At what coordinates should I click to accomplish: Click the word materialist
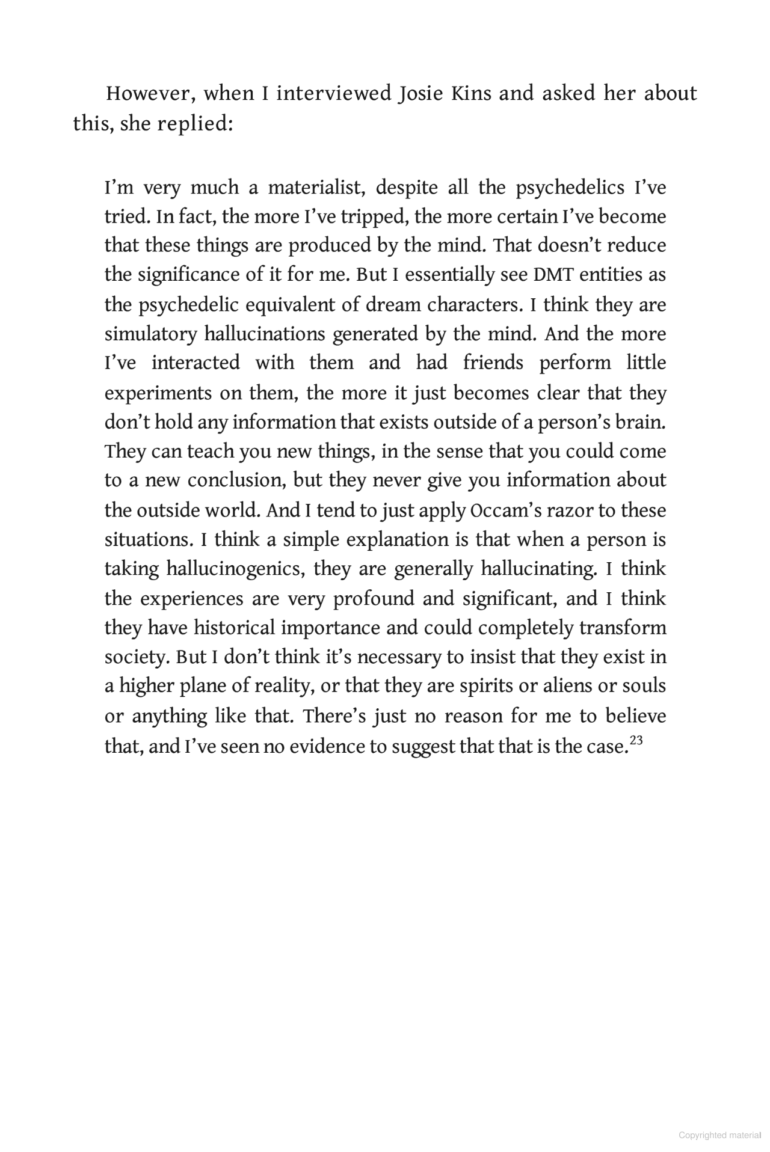click(315, 188)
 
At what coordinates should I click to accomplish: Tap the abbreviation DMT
click(553, 275)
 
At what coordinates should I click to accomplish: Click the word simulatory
click(150, 334)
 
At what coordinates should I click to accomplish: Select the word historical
click(235, 628)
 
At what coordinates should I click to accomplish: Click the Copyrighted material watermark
click(720, 1135)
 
